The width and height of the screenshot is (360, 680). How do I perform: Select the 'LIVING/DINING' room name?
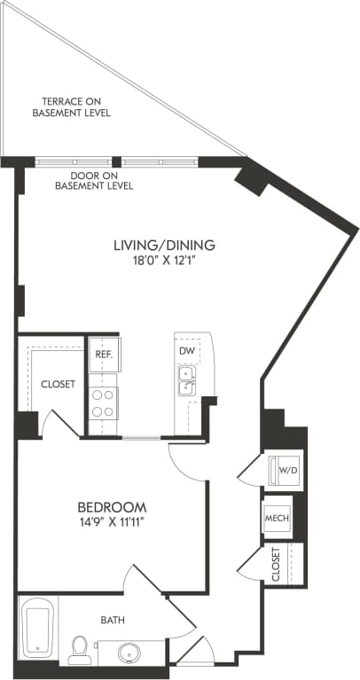(x=165, y=245)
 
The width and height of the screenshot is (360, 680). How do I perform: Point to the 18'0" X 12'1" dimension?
(x=165, y=262)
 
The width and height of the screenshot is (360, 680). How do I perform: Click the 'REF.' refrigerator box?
(x=104, y=354)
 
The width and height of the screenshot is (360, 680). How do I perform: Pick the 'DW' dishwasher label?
(x=186, y=351)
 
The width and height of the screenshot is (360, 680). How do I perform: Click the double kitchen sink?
(x=187, y=382)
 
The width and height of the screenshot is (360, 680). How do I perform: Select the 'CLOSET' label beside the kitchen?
(x=58, y=384)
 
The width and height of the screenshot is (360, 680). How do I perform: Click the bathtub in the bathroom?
(x=37, y=629)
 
